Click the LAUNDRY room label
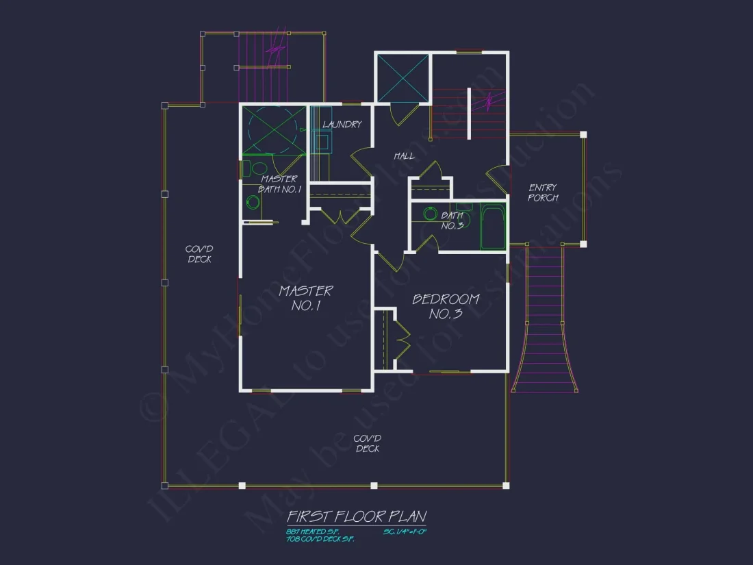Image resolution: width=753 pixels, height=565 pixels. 342,125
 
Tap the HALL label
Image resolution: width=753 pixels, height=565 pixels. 404,156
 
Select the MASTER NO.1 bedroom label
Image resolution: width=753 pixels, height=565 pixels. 305,298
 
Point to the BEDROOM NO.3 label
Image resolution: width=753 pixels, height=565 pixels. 446,306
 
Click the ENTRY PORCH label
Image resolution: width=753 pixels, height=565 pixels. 543,192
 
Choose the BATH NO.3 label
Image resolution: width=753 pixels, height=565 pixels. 452,221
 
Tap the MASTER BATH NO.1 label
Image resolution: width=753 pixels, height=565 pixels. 280,184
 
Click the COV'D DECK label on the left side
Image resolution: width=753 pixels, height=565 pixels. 199,254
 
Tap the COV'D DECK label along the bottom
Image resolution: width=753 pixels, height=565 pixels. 368,443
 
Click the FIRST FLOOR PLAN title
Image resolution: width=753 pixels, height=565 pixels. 356,516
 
